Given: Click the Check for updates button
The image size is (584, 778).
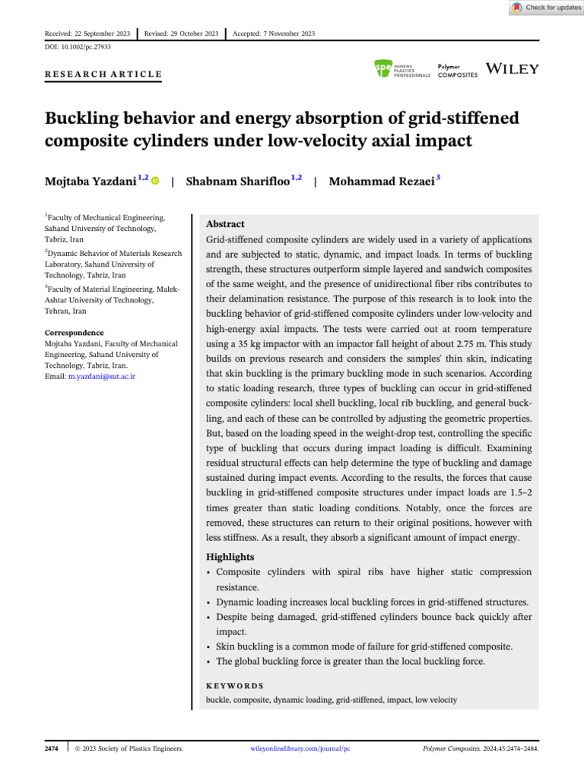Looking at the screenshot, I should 546,8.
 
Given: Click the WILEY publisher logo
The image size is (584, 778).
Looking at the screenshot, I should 513,69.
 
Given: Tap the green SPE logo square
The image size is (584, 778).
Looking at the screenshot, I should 383,69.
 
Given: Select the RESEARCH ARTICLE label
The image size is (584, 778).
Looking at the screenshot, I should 103,74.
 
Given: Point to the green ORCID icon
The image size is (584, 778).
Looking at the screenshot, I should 156,182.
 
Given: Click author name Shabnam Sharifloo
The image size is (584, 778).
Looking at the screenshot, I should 237,182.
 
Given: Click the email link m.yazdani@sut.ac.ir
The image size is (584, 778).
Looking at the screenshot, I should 103,377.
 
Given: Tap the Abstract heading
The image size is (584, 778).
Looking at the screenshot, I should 226,224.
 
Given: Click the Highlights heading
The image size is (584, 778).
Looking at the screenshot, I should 231,557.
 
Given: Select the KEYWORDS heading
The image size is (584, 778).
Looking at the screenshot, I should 235,685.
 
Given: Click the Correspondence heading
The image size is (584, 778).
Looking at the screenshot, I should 74,333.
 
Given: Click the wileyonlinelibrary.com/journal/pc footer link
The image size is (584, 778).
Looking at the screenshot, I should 300,749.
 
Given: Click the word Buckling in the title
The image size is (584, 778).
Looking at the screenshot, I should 81,119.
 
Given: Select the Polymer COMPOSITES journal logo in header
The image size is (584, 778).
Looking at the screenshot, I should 458,71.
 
